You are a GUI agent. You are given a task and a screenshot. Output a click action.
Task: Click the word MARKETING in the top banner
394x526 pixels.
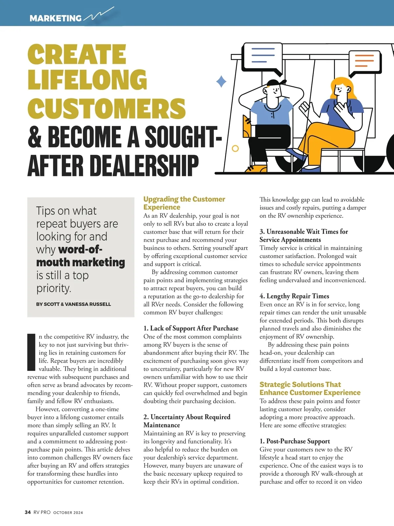(55, 18)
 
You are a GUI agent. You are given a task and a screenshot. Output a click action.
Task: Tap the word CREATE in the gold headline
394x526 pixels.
(77, 54)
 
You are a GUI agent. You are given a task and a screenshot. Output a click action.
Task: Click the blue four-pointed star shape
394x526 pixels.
(221, 81)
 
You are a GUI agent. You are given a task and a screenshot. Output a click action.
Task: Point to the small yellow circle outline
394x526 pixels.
(235, 149)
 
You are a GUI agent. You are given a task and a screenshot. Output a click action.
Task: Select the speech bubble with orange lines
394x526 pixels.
(364, 61)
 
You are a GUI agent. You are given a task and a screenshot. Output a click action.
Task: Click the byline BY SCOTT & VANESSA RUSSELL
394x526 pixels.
(74, 304)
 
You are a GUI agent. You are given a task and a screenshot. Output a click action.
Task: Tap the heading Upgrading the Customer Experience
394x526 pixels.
(184, 203)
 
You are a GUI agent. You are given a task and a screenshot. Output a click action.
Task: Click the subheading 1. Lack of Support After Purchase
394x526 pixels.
(191, 328)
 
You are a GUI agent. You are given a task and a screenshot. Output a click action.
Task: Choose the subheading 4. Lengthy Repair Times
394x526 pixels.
(294, 296)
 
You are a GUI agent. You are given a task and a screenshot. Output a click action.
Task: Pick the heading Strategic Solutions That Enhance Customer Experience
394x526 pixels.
(310, 388)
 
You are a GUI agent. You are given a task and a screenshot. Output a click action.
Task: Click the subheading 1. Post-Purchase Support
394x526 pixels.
(295, 441)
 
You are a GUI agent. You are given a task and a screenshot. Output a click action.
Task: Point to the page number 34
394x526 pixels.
(28, 512)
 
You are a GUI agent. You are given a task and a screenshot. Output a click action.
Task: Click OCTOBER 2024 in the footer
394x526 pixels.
(68, 513)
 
